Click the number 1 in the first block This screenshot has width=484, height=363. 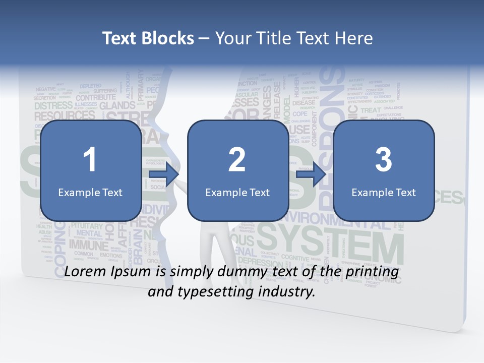90,160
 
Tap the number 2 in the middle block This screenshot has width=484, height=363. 236,160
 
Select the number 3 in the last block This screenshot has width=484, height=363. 384,160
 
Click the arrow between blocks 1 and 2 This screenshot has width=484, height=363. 164,174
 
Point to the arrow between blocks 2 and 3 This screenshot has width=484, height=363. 311,174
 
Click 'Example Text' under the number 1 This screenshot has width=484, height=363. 90,192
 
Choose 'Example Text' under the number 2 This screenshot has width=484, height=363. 237,192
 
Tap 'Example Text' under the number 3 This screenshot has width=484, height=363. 384,192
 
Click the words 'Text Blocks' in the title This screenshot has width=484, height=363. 148,38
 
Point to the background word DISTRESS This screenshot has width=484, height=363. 53,106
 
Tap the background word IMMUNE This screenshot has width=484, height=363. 89,246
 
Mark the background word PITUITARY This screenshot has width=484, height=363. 87,226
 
